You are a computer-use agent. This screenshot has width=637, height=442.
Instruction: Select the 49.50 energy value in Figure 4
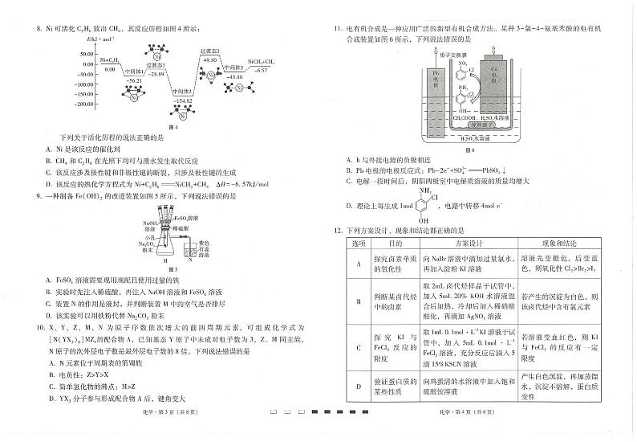210,59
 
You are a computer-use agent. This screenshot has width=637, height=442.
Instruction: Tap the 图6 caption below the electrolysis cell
469,149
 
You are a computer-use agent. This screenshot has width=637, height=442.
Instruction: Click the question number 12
338,230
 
